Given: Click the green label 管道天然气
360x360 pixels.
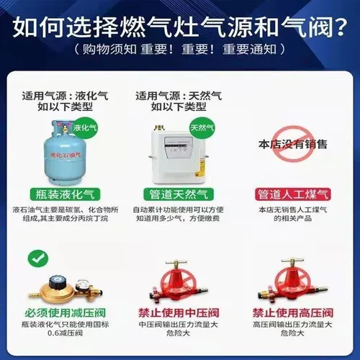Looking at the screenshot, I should pos(179,194).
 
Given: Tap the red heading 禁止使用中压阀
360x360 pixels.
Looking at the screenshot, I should pos(179,313).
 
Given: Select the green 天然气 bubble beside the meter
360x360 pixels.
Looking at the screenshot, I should pos(202,127).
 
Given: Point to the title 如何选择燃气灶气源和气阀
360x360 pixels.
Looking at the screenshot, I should pos(179,28).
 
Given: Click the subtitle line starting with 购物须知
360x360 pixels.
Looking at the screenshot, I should pos(179,51).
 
